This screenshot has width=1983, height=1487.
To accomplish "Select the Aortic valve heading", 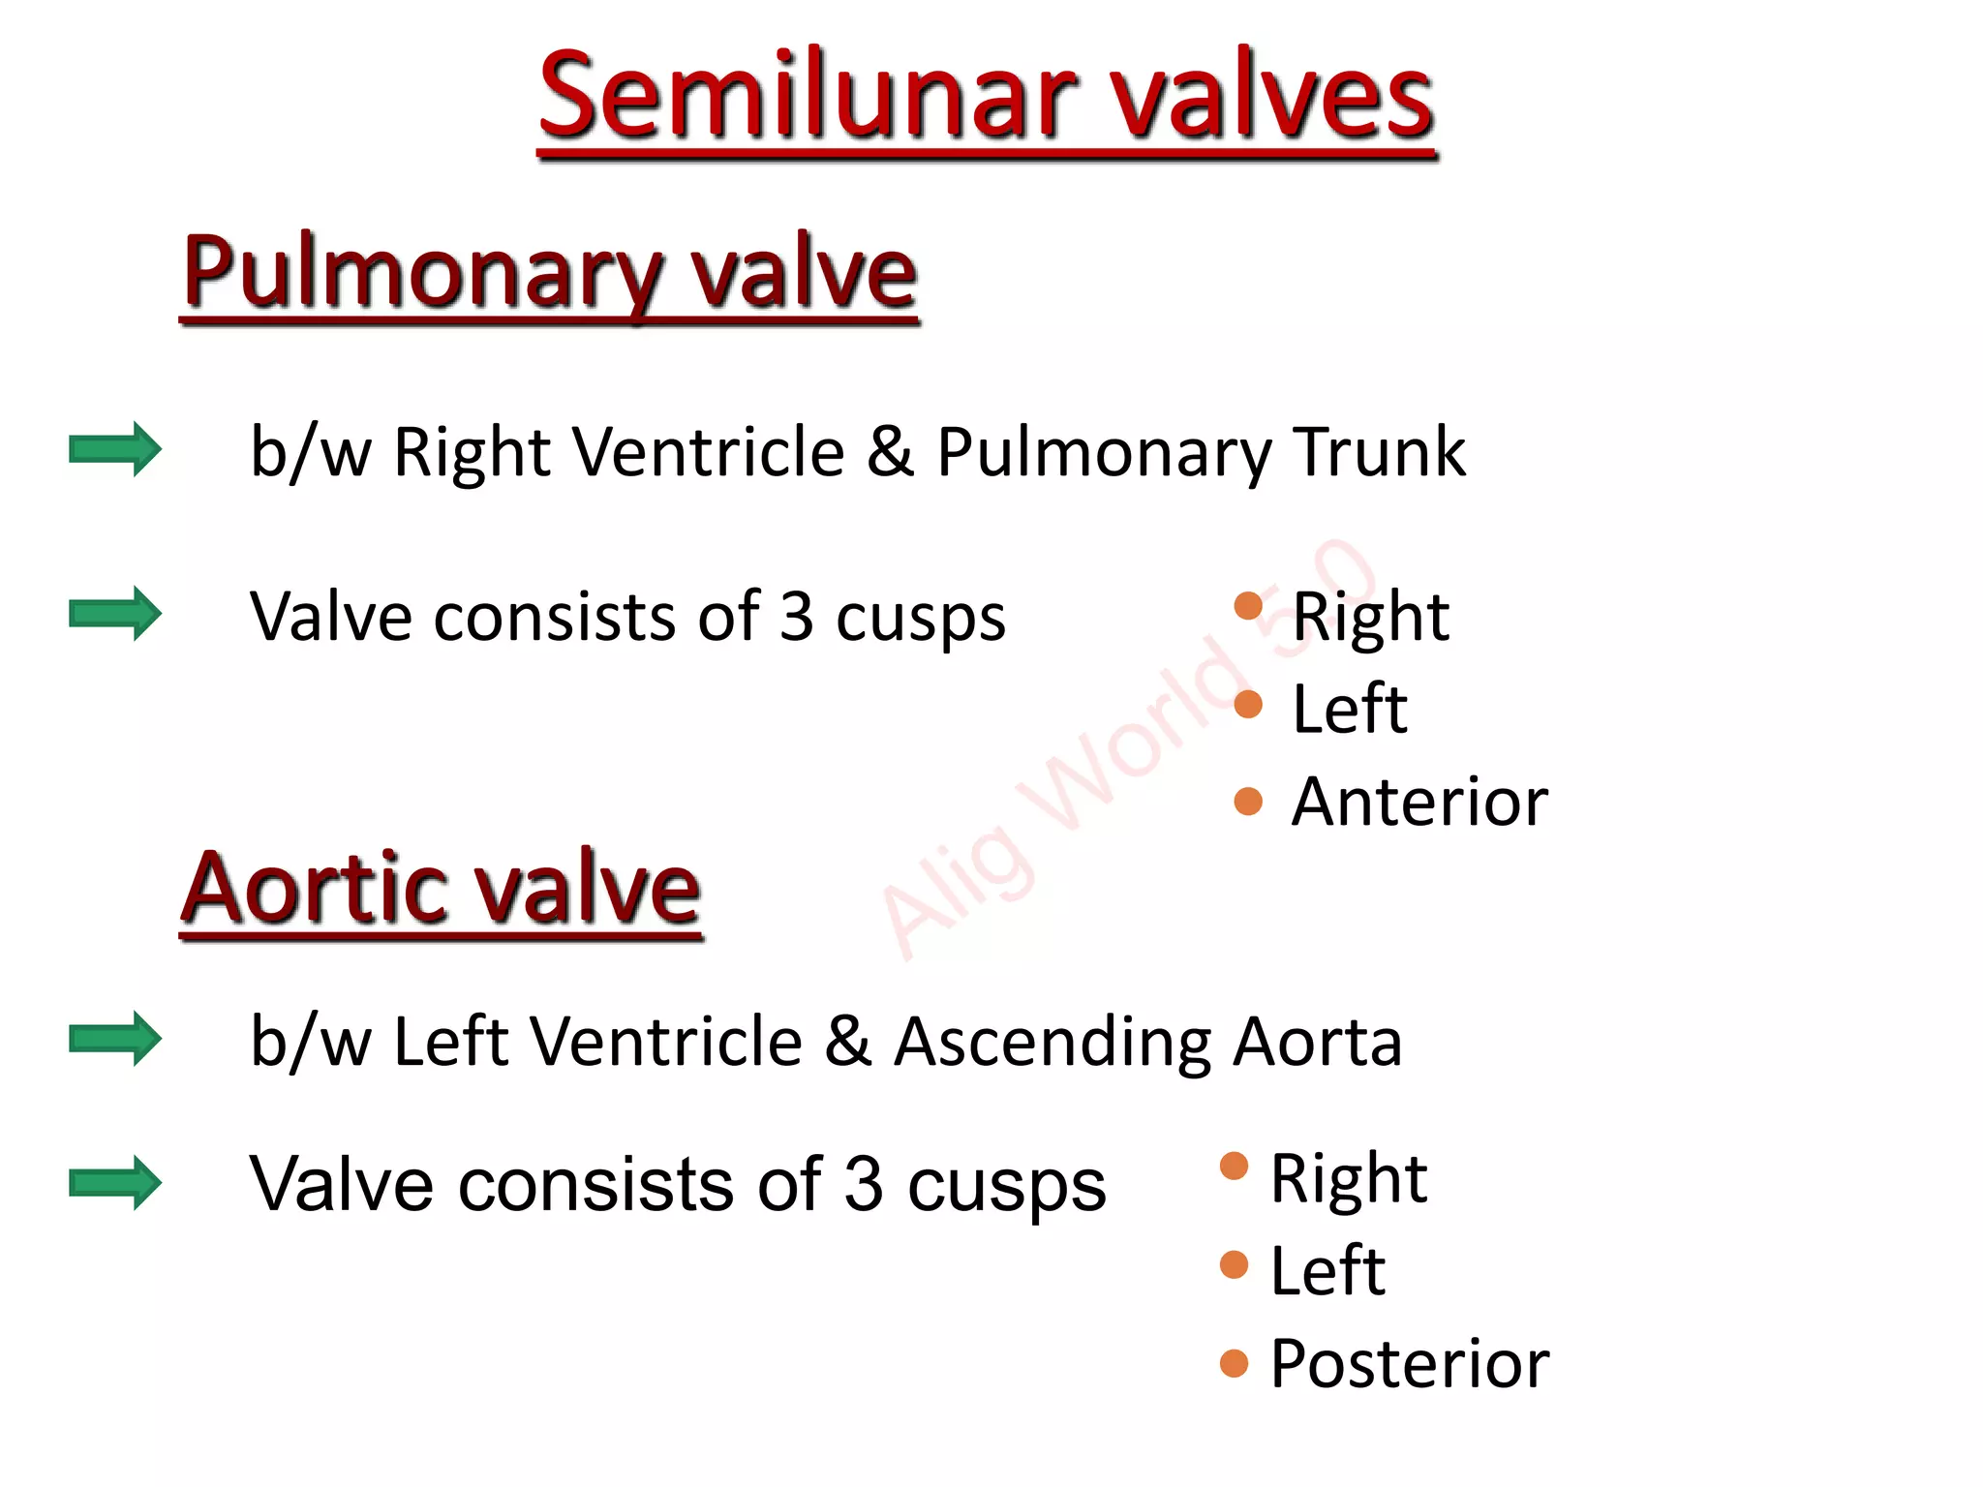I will pos(441,889).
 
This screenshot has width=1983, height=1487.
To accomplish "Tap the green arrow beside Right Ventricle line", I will pos(115,449).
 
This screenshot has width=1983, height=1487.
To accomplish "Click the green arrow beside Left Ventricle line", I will pos(115,1039).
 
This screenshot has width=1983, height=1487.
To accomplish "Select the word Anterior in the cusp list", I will pos(1419,802).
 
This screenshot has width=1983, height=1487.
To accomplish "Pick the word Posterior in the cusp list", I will pos(1409,1363).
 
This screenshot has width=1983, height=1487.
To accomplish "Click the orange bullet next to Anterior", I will pos(1248,802).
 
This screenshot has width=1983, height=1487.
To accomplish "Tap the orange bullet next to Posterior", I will pos(1234,1363).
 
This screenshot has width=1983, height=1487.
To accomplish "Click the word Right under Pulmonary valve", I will pos(1370,617).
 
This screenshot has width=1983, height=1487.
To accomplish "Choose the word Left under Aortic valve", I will pos(1327,1270).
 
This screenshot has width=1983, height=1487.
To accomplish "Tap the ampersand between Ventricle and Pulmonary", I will pos(890,451).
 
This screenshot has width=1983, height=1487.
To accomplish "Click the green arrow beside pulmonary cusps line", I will pos(115,614).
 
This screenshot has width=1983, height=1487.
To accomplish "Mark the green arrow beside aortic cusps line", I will pos(115,1183).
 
